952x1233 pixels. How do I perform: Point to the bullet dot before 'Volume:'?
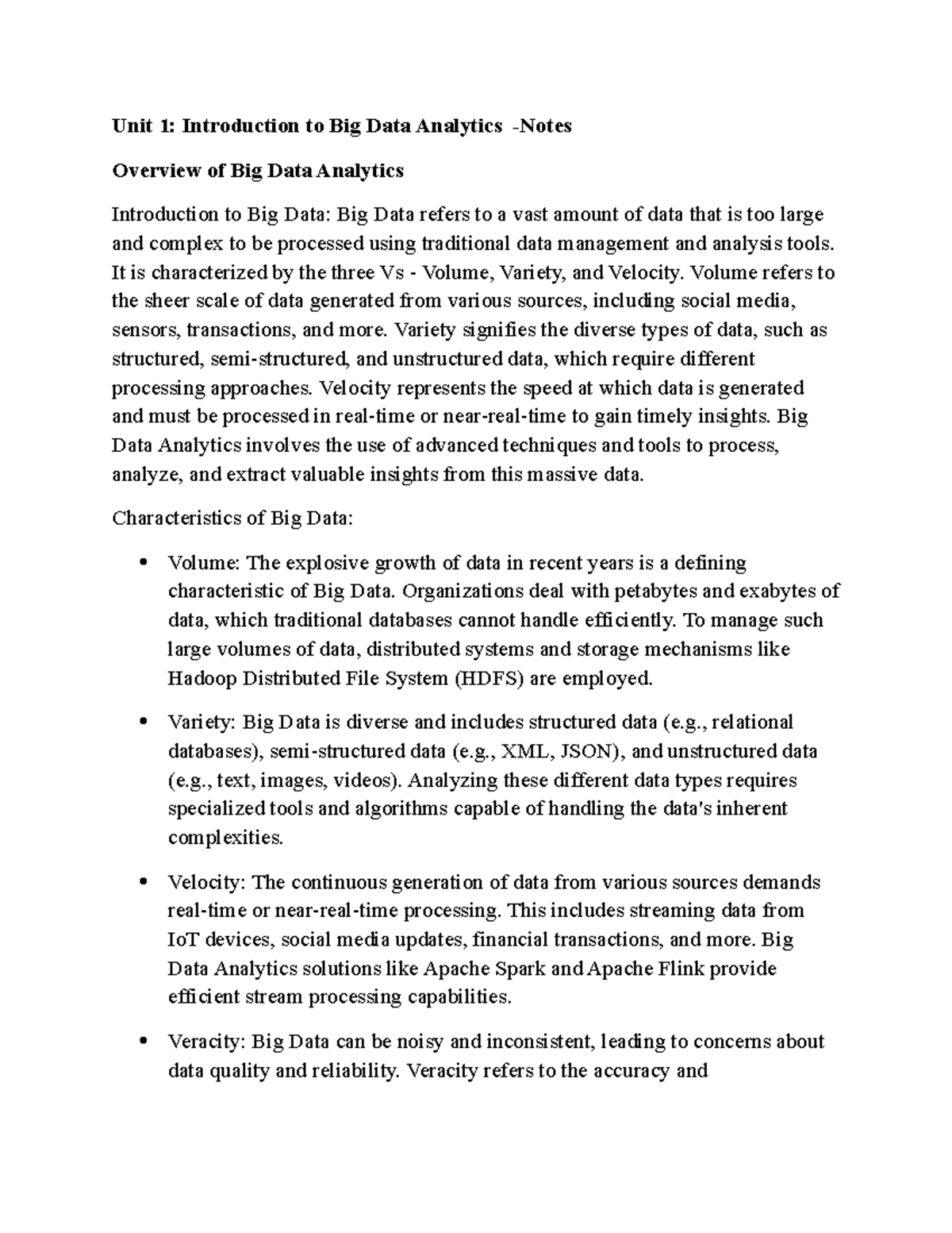[x=143, y=563]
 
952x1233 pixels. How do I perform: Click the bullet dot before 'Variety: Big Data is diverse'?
[x=143, y=722]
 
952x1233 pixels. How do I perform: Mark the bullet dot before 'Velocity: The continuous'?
[x=143, y=881]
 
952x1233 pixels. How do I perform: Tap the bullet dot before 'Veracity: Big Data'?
[x=143, y=1041]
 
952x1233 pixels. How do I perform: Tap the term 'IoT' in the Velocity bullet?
[x=183, y=940]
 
